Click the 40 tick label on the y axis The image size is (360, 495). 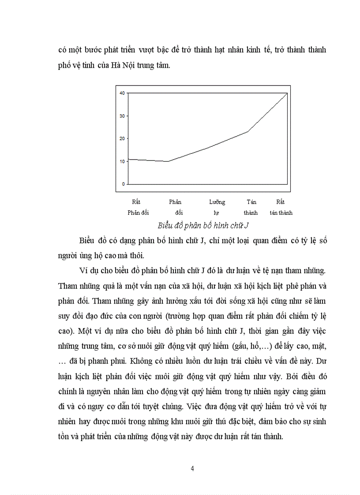pos(122,93)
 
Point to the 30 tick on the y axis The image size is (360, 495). pos(122,116)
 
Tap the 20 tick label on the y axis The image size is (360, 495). pos(122,138)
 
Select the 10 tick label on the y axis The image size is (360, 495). pos(122,161)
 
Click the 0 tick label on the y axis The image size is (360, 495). pos(124,184)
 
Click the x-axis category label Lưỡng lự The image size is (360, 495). pos(217,207)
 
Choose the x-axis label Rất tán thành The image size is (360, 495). pos(281,207)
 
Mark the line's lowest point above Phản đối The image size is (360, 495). pos(168,161)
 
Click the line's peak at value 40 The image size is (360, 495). pos(287,93)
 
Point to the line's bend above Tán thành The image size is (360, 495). pos(247,131)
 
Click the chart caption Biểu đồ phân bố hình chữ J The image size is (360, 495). pos(203,226)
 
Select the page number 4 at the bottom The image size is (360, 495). pos(192,468)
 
